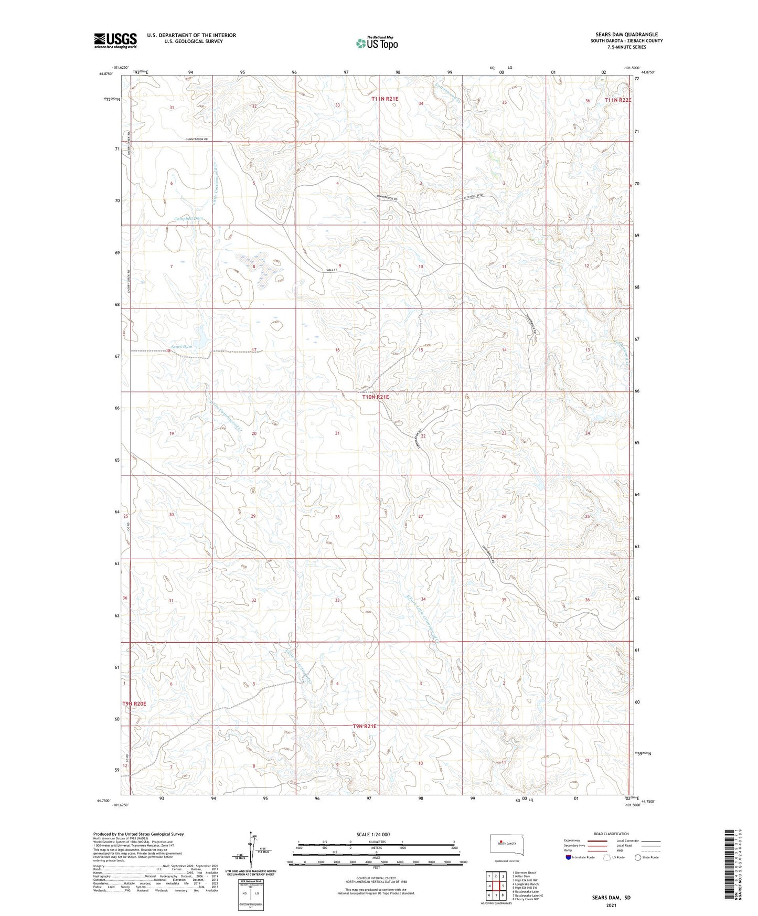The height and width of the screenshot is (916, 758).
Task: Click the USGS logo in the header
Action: click(x=115, y=40)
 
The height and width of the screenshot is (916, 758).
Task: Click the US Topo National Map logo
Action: click(x=376, y=43)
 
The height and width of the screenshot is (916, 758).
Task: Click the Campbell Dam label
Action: click(x=188, y=218)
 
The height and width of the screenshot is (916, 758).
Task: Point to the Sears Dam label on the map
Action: click(x=182, y=346)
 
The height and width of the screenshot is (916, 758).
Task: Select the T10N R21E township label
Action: click(x=376, y=397)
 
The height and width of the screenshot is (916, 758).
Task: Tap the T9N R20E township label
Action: click(x=134, y=704)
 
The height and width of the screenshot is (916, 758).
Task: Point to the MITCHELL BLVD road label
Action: click(x=473, y=197)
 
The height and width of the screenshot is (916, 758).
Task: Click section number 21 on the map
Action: click(x=337, y=433)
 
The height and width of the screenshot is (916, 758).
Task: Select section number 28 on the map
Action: click(x=337, y=517)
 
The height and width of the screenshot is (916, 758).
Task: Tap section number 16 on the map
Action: click(x=337, y=350)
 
